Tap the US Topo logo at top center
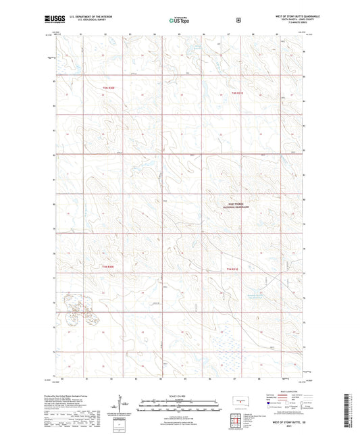(179, 21)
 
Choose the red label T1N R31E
(233, 269)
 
